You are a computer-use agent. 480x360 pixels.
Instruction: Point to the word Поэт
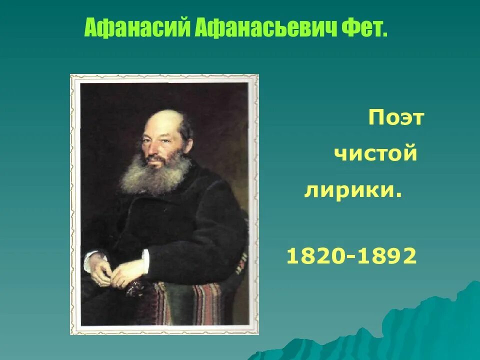(x=396, y=119)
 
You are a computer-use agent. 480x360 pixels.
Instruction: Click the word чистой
(x=375, y=153)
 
